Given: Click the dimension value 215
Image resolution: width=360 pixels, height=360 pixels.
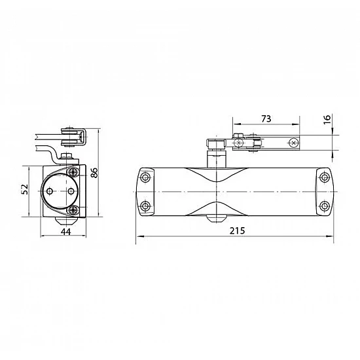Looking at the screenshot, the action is [x=237, y=230].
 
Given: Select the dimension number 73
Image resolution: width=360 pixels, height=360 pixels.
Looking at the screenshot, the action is [x=266, y=118].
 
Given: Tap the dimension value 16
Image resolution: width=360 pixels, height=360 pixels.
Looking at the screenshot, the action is [x=327, y=119].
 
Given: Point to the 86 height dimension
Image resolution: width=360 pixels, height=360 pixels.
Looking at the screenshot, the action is [x=94, y=173].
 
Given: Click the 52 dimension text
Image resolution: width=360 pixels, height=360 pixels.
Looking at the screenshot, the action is [x=25, y=189].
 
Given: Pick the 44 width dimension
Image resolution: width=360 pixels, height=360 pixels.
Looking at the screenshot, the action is [x=66, y=232].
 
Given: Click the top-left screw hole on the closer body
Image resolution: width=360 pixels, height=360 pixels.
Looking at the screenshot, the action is [x=145, y=177].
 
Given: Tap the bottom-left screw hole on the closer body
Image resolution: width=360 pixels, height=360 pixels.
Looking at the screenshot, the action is [x=145, y=206].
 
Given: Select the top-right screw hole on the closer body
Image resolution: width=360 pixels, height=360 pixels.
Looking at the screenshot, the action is [x=325, y=177].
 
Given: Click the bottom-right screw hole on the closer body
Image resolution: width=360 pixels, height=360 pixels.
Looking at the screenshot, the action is [x=325, y=206].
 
